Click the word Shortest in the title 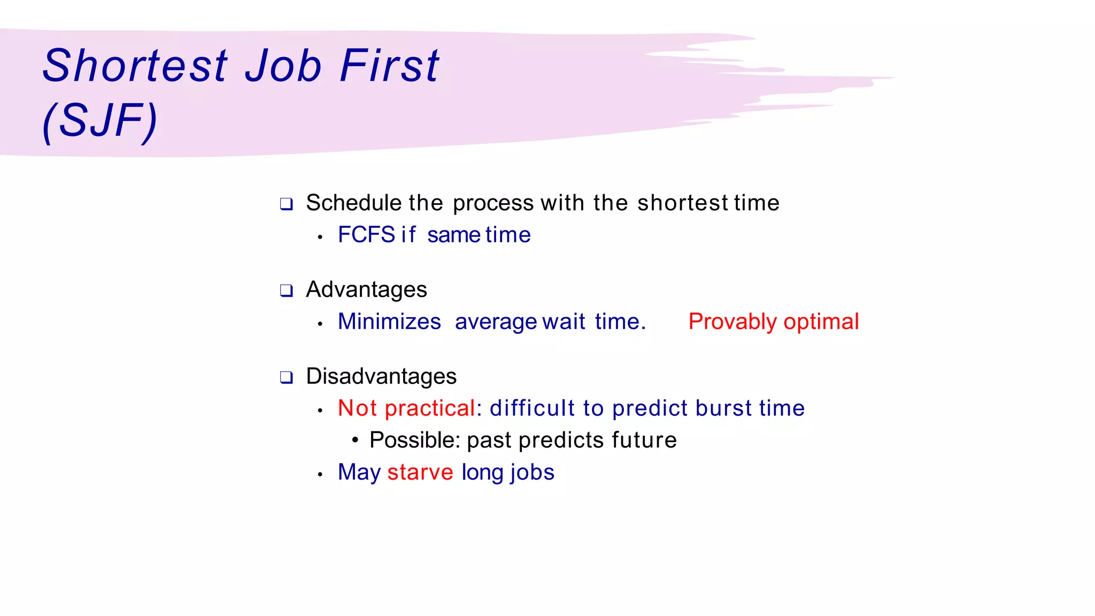coord(135,66)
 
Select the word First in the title coord(389,66)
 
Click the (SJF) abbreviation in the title coord(100,121)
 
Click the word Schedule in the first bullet coord(353,203)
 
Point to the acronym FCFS coord(366,235)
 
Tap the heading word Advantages coord(366,290)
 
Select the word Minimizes coord(389,321)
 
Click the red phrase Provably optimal coord(773,321)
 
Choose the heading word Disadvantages coord(381,376)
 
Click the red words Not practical coord(406,408)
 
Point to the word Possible coord(414,440)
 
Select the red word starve coord(420,472)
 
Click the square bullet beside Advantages coord(287,291)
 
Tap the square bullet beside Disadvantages coord(287,378)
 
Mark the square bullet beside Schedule coord(287,204)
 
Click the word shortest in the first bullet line coord(682,203)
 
